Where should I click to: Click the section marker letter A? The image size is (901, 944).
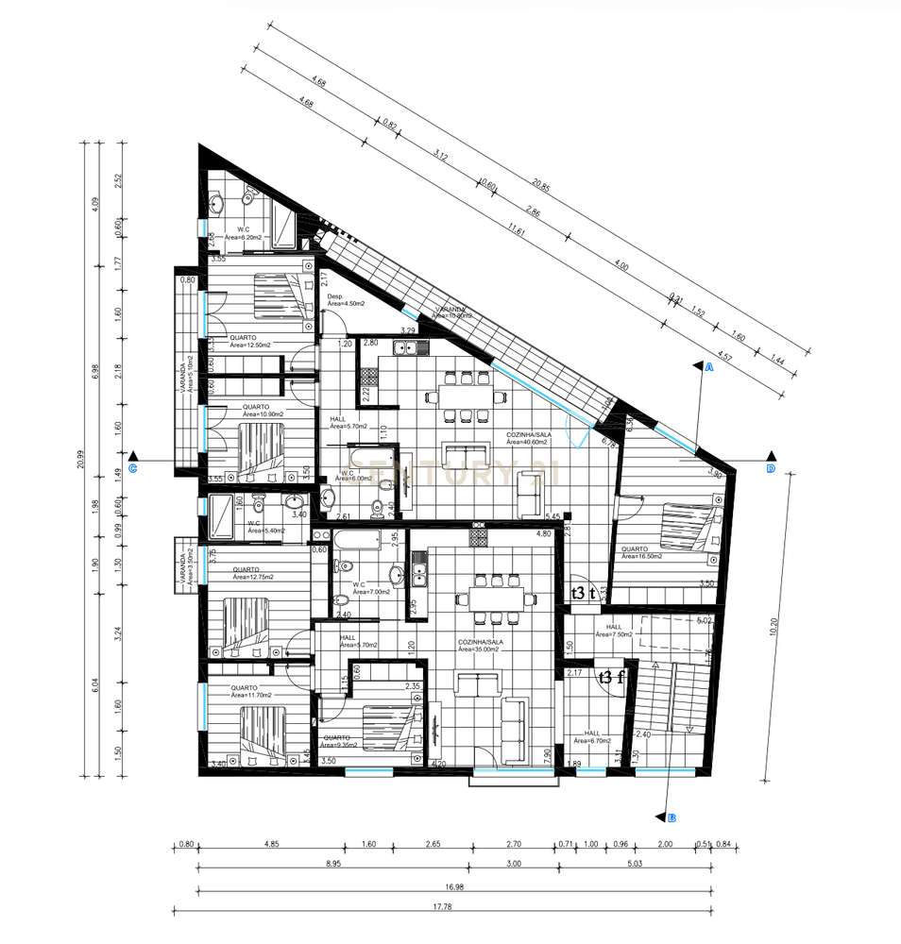coord(707,370)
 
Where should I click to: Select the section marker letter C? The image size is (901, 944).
coord(133,467)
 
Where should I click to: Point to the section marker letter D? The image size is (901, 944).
coord(770,467)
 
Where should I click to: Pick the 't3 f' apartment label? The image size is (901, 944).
coord(611,676)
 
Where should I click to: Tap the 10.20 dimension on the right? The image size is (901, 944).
coord(773,626)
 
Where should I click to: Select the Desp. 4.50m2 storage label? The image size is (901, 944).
coord(342,300)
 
